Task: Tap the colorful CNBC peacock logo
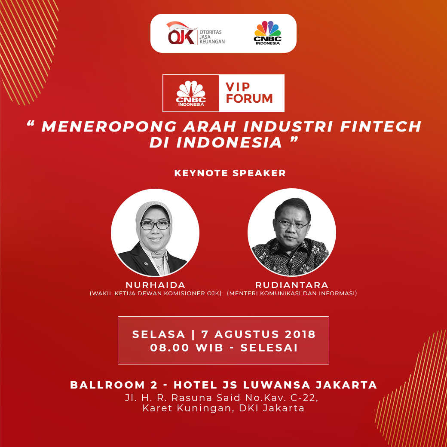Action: (x=267, y=33)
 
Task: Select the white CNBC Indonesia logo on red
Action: (x=191, y=93)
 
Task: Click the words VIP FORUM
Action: (x=249, y=93)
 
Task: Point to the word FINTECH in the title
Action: (x=380, y=126)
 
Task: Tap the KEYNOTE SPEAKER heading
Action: (x=230, y=173)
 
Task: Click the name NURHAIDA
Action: (x=155, y=285)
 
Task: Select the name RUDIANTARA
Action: (x=292, y=285)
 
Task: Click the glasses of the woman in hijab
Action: (x=155, y=225)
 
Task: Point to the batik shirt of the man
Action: (x=291, y=257)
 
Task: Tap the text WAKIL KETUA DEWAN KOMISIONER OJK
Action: (x=156, y=293)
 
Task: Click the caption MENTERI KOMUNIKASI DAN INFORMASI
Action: (x=292, y=293)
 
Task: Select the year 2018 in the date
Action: (x=300, y=334)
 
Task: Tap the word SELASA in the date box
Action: (x=159, y=334)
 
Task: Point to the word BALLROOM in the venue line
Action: (x=107, y=385)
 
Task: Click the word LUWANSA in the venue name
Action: (x=276, y=385)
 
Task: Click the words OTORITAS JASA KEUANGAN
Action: (x=212, y=37)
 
